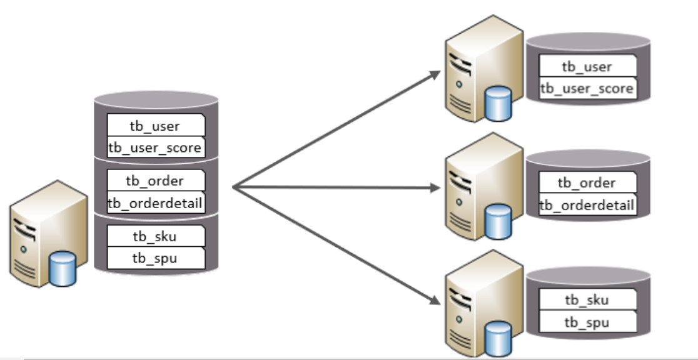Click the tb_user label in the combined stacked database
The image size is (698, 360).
coord(156,126)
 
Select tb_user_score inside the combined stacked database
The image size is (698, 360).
coord(156,147)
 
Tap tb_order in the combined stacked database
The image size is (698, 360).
coord(156,181)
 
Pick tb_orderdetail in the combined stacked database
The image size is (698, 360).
coord(156,202)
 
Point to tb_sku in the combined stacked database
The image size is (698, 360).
coord(156,236)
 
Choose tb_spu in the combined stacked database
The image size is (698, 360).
coord(156,257)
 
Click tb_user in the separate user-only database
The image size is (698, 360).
coord(587,67)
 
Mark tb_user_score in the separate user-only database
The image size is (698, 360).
coord(587,89)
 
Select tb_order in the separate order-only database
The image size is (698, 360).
coord(587,182)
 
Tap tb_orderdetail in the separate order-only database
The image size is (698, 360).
coord(587,204)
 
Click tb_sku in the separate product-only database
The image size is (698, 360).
coord(587,300)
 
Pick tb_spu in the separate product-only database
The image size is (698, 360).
coord(587,322)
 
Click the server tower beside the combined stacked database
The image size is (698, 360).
coord(41,231)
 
